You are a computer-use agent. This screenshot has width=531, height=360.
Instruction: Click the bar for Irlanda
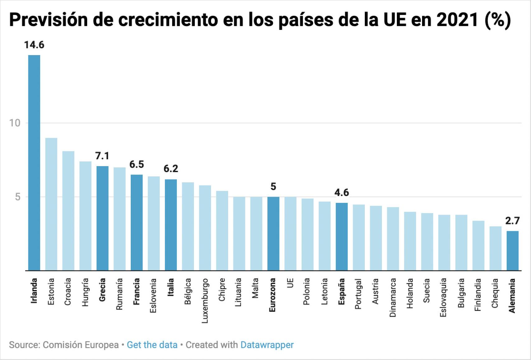[x=34, y=162]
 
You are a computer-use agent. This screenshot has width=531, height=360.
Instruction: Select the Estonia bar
[x=51, y=204]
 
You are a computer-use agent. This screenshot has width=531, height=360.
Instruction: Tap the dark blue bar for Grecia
[x=102, y=218]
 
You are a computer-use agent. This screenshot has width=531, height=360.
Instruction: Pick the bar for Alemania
[x=512, y=250]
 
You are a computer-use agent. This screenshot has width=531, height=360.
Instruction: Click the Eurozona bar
[x=273, y=233]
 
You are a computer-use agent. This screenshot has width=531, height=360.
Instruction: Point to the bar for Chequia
[x=495, y=248]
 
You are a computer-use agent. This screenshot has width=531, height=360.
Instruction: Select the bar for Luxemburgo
[x=205, y=228]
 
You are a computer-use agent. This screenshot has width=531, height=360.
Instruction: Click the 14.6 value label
[x=34, y=45]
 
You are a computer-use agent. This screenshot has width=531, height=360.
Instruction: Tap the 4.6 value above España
[x=341, y=193]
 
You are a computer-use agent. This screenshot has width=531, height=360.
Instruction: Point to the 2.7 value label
[x=512, y=221]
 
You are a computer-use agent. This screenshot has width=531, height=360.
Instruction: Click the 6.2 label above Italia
[x=171, y=169]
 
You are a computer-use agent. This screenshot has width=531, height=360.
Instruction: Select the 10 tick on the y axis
[x=15, y=123]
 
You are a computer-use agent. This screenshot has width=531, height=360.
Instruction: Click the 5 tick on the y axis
[x=17, y=197]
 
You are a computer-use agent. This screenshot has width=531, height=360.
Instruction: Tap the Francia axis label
[x=136, y=291]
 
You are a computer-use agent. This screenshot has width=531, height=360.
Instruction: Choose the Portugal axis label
[x=358, y=294]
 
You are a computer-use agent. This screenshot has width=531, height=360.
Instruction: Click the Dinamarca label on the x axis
[x=392, y=297]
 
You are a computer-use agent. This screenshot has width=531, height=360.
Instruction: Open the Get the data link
[x=152, y=345]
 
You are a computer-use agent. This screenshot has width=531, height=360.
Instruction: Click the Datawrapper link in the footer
[x=267, y=345]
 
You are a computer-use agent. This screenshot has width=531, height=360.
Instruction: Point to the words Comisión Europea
[x=81, y=345]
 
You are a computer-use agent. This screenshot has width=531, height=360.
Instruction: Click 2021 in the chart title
[x=457, y=20]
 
